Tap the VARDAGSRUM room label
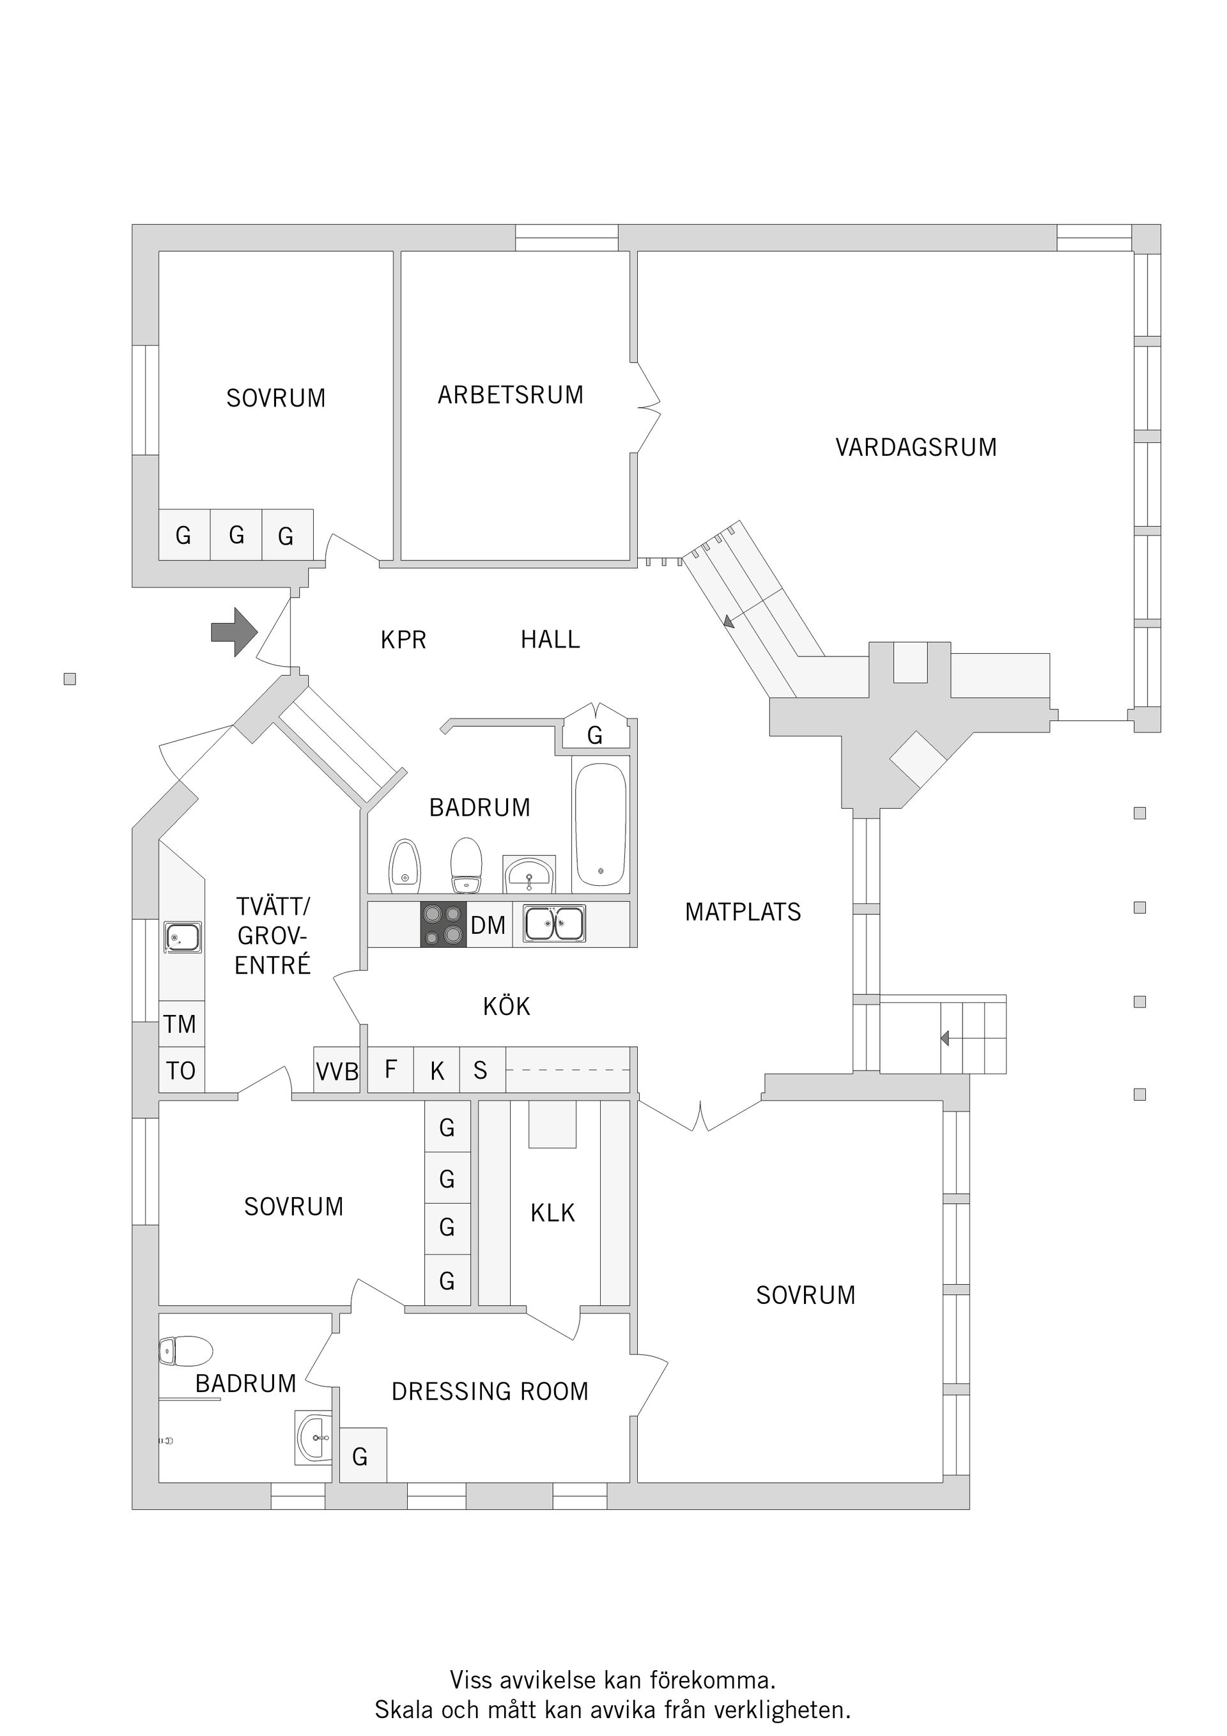tap(916, 447)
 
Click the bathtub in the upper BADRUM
tap(600, 824)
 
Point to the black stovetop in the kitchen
tap(444, 924)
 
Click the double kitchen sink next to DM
tap(555, 923)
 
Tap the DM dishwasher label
tap(488, 925)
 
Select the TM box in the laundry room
tap(181, 1024)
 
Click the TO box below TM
tap(181, 1071)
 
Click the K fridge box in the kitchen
tap(437, 1070)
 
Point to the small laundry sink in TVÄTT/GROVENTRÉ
tap(182, 938)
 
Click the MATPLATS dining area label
tap(743, 912)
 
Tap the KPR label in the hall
tap(403, 640)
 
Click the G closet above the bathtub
tap(595, 734)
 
